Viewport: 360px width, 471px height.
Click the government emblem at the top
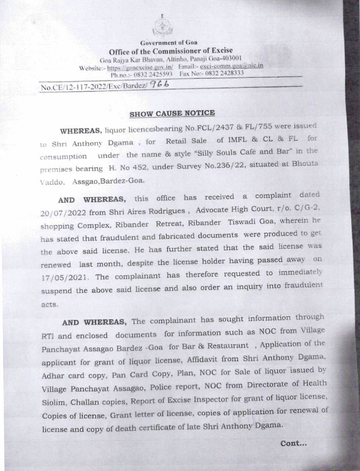(162, 27)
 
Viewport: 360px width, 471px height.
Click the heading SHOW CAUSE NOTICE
(172, 113)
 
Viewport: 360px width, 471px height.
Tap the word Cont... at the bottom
(293, 444)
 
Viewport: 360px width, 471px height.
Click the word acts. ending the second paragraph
(50, 305)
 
